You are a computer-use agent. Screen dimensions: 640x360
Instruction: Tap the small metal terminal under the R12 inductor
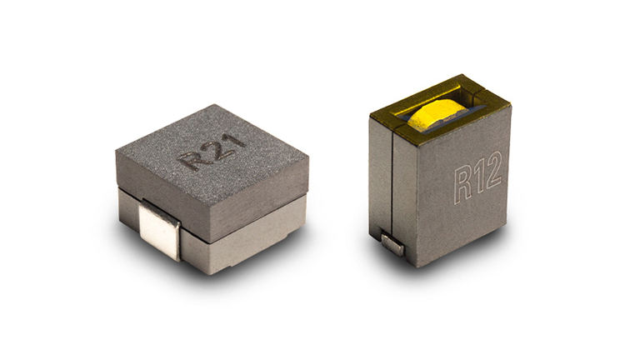(392, 243)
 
